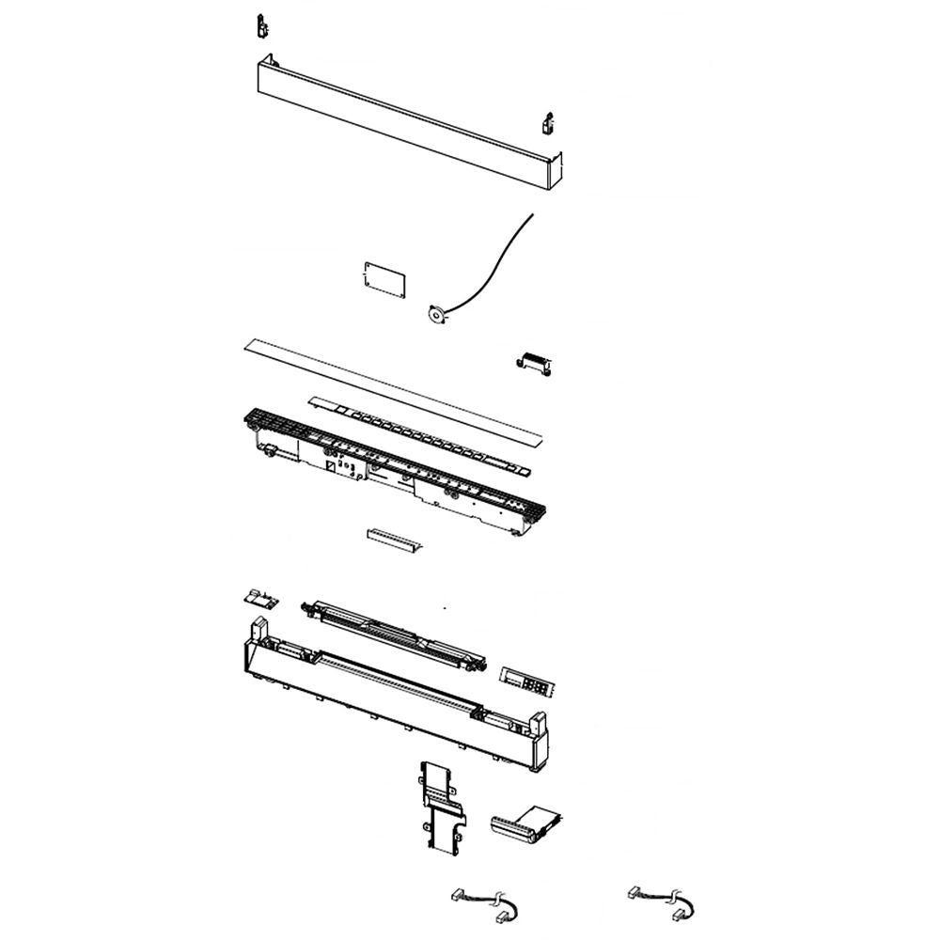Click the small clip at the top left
(262, 26)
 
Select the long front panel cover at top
(404, 122)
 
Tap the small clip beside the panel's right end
(549, 124)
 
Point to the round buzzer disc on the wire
(436, 316)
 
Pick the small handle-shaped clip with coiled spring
(534, 363)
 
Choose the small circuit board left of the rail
(258, 598)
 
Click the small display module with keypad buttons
(528, 681)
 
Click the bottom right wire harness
(662, 901)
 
